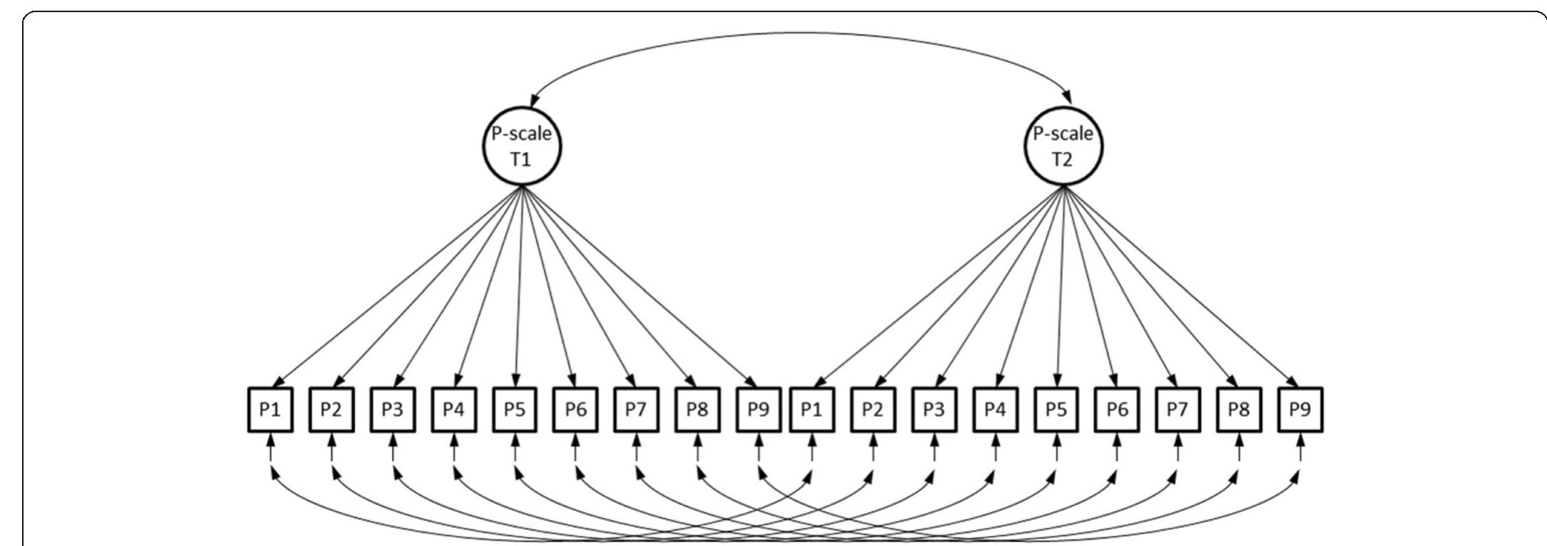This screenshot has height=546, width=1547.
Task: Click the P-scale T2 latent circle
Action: click(x=1063, y=147)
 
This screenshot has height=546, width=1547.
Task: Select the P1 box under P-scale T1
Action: click(x=271, y=410)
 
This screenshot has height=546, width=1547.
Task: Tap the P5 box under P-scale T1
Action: click(x=515, y=410)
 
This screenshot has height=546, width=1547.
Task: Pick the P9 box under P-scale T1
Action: click(x=759, y=410)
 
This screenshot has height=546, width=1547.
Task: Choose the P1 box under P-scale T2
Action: click(x=812, y=410)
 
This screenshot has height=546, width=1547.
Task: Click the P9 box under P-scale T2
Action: click(x=1300, y=410)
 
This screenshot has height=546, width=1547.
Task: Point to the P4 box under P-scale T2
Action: click(x=995, y=410)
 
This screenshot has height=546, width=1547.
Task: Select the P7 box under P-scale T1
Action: click(x=636, y=410)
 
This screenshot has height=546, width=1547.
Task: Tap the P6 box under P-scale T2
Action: click(x=1117, y=410)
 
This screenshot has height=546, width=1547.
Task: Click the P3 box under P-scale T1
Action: click(x=392, y=410)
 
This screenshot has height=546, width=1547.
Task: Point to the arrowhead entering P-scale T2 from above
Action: click(x=1069, y=99)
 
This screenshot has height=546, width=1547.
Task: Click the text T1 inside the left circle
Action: click(x=521, y=160)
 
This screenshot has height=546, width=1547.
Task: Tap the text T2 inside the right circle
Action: click(x=1062, y=160)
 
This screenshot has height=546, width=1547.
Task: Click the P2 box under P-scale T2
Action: click(x=873, y=410)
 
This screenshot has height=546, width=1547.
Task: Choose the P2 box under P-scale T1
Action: click(x=331, y=410)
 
